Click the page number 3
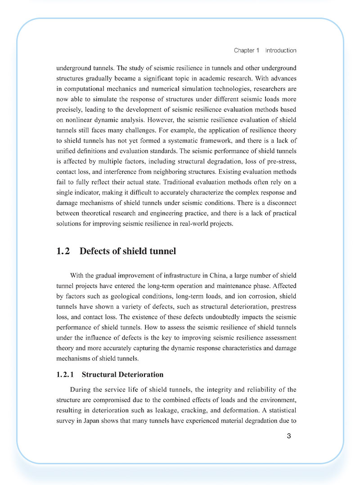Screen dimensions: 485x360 289,436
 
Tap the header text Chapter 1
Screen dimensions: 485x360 246,50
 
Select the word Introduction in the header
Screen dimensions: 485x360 281,50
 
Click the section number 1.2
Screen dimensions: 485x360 63,251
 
